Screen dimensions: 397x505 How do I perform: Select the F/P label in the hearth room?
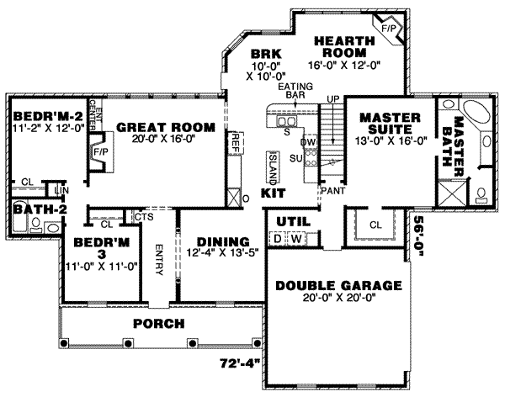point(388,29)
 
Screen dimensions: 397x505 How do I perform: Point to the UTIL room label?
point(289,221)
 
